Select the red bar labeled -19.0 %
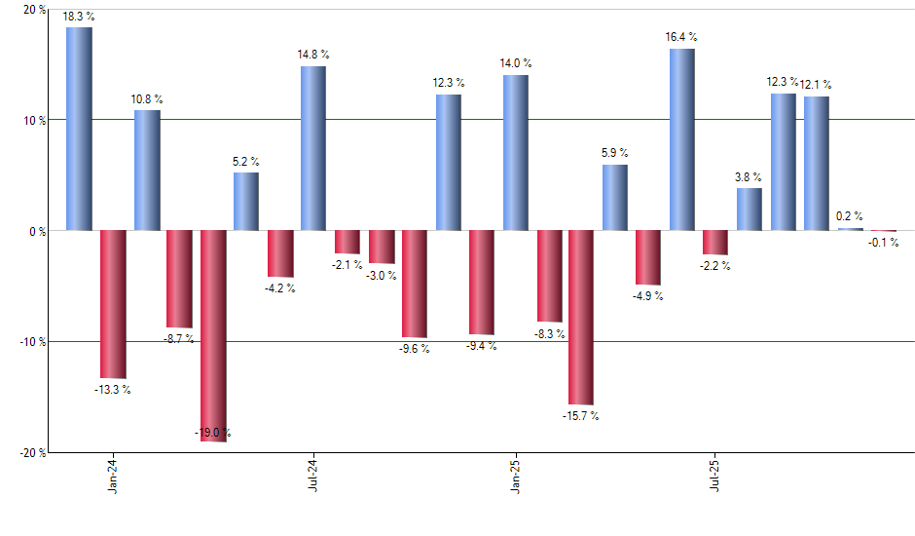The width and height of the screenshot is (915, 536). [213, 336]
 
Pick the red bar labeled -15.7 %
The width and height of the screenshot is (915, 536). [581, 318]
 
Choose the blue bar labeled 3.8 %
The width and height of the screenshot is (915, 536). [750, 210]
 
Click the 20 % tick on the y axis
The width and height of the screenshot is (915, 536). [34, 10]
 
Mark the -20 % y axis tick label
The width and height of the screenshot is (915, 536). [32, 452]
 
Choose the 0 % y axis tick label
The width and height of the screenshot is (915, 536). [38, 231]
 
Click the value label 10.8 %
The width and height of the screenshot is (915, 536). [147, 99]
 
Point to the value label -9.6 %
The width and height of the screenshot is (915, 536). [415, 349]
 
